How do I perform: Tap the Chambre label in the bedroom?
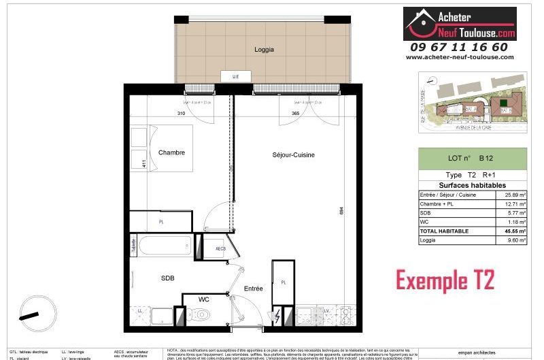[x=171, y=152]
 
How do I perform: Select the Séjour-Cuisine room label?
[x=293, y=155]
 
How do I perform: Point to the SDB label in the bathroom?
[x=168, y=278]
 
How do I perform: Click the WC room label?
[x=203, y=299]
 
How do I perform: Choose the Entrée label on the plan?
[x=254, y=289]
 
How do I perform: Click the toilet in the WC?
[x=201, y=315]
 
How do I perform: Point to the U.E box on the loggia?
[x=235, y=77]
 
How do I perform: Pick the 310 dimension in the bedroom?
[x=181, y=113]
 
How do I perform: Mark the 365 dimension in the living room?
[x=294, y=113]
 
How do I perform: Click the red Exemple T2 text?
[x=445, y=280]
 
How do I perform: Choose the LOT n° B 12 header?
[x=472, y=158]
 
